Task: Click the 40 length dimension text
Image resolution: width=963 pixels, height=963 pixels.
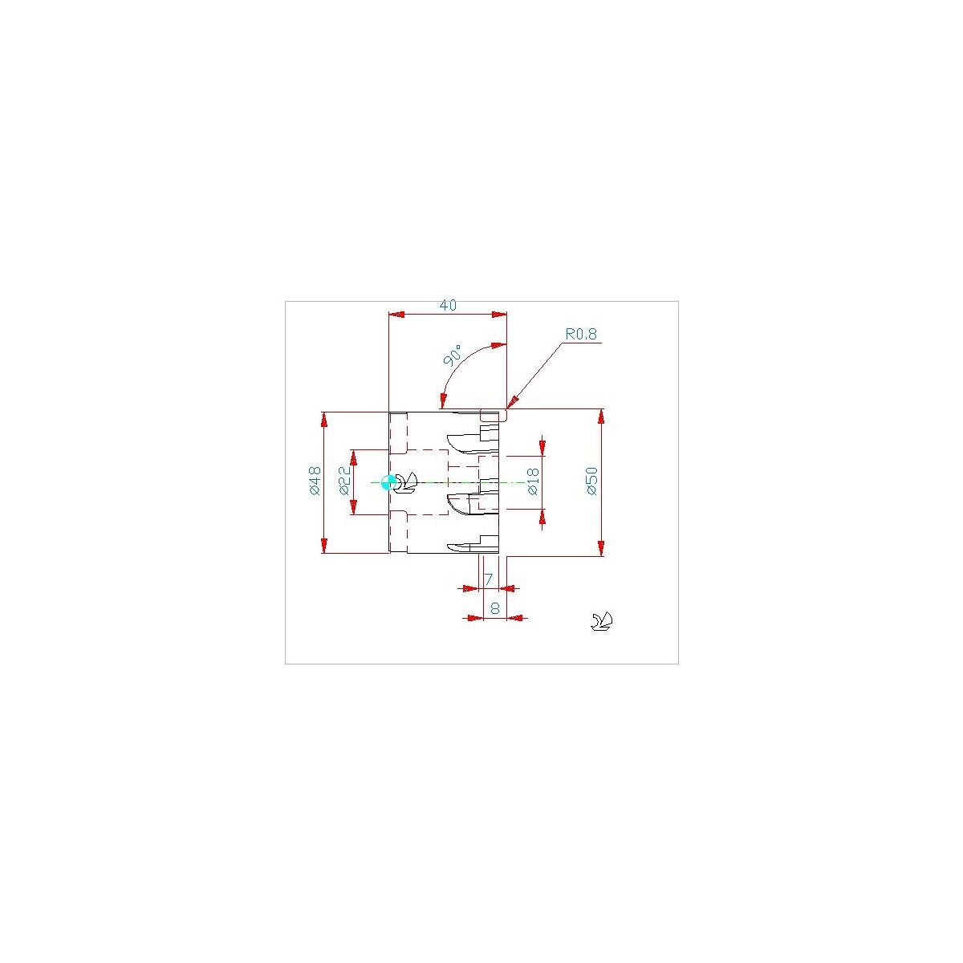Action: pyautogui.click(x=448, y=305)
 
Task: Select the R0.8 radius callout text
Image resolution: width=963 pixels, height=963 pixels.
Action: pyautogui.click(x=581, y=335)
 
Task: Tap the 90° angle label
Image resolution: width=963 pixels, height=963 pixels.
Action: pyautogui.click(x=453, y=355)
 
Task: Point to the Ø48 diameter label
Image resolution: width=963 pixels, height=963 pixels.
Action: pyautogui.click(x=315, y=481)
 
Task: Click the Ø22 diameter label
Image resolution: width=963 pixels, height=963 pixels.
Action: pyautogui.click(x=345, y=481)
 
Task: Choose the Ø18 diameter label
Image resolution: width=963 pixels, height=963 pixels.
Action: pyautogui.click(x=533, y=481)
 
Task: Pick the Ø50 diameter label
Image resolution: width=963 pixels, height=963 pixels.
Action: pyautogui.click(x=591, y=481)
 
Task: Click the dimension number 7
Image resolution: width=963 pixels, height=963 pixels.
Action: pyautogui.click(x=489, y=579)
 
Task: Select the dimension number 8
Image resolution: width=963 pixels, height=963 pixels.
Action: pyautogui.click(x=495, y=608)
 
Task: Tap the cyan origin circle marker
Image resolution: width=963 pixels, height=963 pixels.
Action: pyautogui.click(x=388, y=482)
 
